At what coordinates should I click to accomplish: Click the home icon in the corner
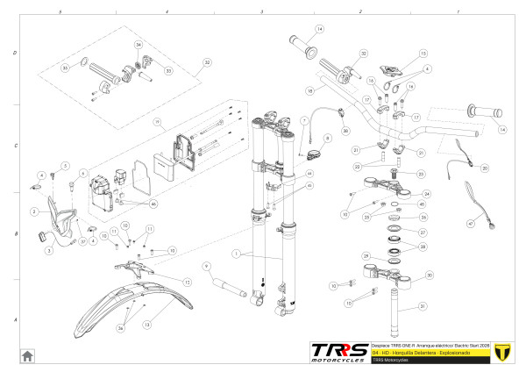coord(27,354)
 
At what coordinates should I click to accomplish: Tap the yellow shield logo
coord(501,352)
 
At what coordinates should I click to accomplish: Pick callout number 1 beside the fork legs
coord(236,253)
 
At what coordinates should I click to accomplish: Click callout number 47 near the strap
coord(469,224)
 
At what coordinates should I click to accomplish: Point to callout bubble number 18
coord(310,90)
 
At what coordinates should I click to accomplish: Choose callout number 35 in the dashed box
coord(64,68)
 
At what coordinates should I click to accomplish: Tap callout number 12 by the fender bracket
coord(187,282)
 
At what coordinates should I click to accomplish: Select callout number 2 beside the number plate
coord(33,212)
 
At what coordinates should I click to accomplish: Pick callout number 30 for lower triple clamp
coord(430,275)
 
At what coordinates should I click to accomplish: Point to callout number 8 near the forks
coord(327,139)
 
